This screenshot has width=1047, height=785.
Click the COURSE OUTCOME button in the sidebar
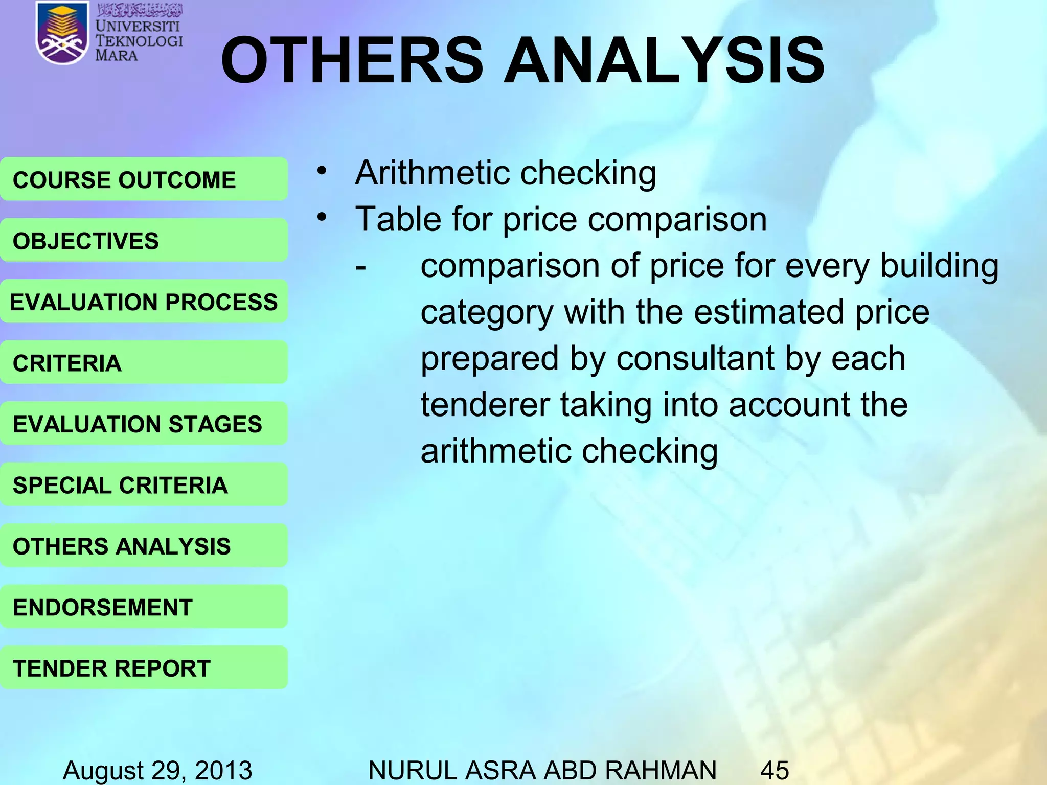pos(144,179)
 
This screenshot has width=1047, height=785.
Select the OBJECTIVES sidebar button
pos(144,240)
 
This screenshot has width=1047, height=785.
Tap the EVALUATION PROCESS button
pos(144,302)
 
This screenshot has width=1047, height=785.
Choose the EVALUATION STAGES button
pos(144,424)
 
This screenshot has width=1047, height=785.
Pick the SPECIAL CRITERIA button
pos(144,484)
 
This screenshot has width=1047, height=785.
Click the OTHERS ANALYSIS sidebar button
pos(144,546)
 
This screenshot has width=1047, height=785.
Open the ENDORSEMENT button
pos(144,607)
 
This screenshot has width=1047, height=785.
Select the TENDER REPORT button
pos(144,668)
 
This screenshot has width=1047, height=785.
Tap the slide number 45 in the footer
pos(775,770)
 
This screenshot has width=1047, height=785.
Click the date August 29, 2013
pos(157,770)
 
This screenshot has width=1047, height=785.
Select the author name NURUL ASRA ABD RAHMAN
pos(542,770)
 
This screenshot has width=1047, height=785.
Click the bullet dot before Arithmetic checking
pos(321,171)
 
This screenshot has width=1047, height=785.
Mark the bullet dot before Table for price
pos(321,217)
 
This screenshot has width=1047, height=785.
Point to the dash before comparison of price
pos(361,267)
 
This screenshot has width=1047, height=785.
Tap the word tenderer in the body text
pos(485,405)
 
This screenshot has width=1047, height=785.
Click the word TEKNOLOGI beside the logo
pos(139,41)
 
